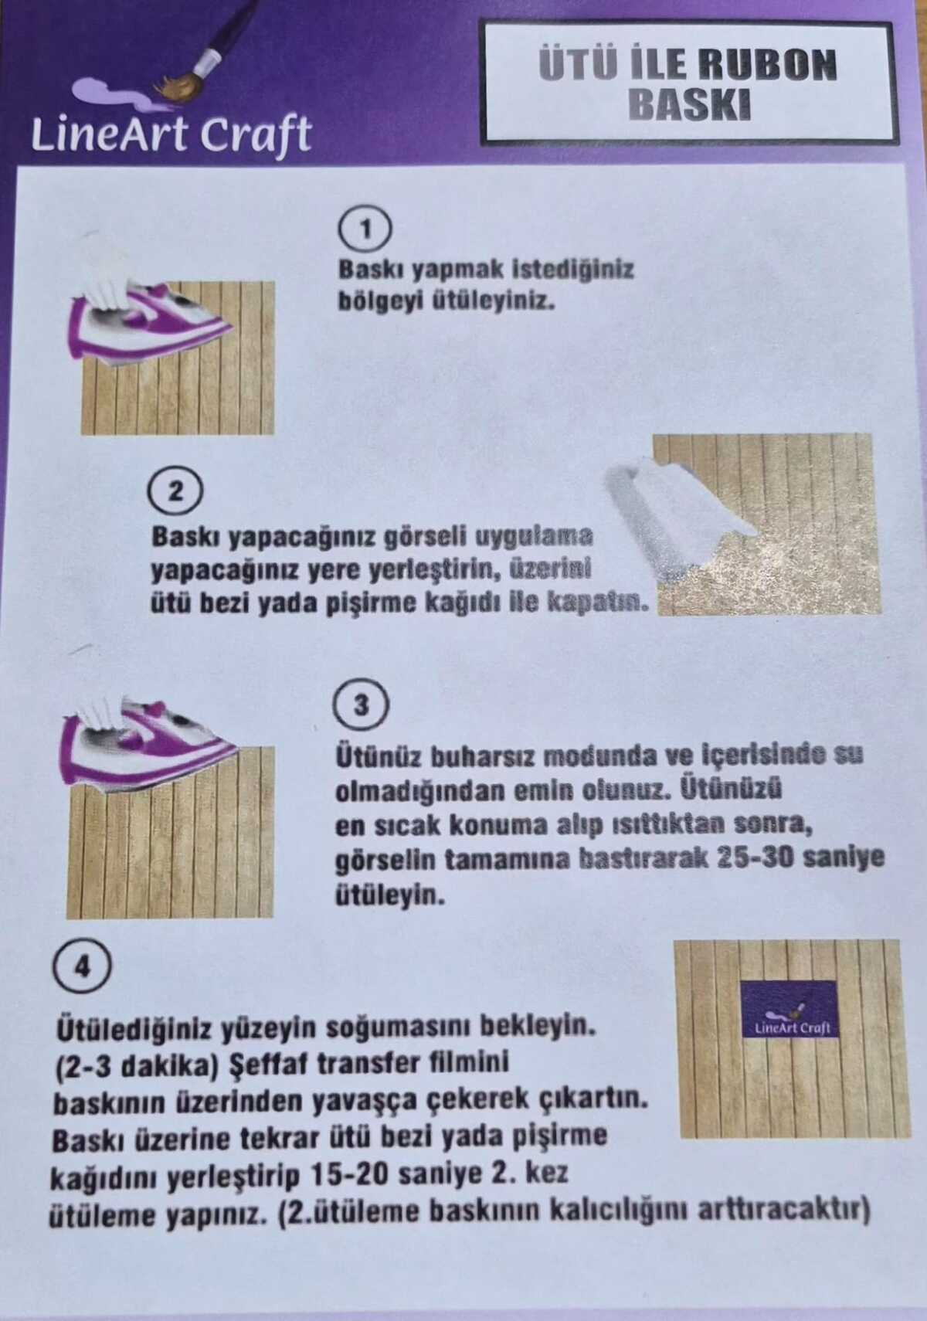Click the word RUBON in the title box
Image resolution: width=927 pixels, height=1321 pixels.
[x=769, y=65]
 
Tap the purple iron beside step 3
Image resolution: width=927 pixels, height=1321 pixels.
[x=148, y=740]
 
